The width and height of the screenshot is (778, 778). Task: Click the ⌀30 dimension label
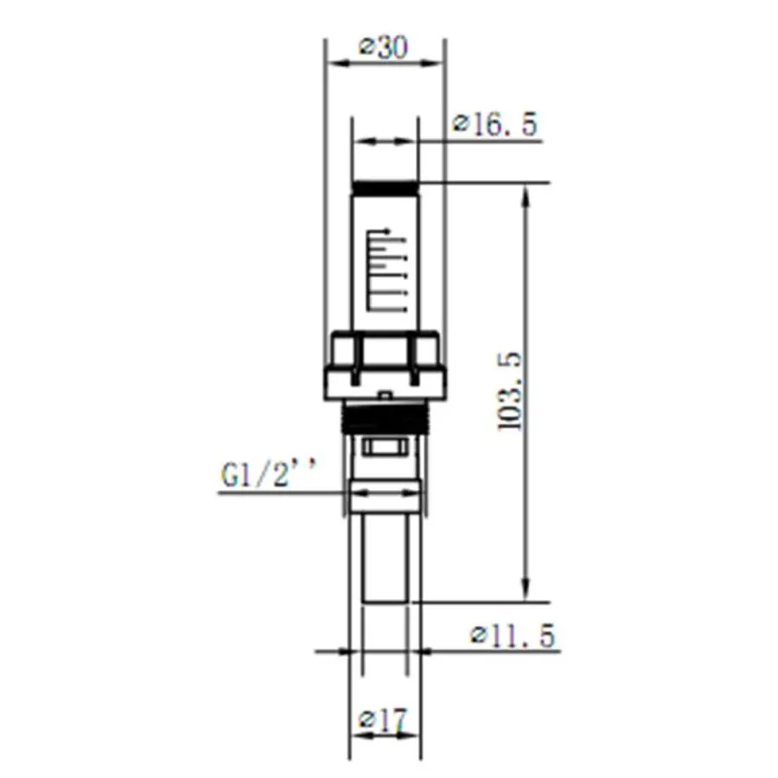(384, 49)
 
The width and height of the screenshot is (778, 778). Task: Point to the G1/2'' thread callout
(269, 475)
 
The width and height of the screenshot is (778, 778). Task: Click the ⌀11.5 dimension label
(513, 637)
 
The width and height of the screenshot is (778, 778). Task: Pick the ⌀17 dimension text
(384, 718)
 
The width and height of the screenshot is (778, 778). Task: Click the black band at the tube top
(385, 187)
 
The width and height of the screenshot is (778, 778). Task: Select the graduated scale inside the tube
(385, 268)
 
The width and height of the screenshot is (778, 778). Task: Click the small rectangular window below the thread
(385, 447)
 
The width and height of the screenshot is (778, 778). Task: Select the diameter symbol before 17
(367, 719)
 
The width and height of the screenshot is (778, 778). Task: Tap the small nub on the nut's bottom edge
(385, 395)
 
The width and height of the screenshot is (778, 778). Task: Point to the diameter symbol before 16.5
(462, 125)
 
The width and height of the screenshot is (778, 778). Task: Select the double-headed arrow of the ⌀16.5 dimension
(385, 141)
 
